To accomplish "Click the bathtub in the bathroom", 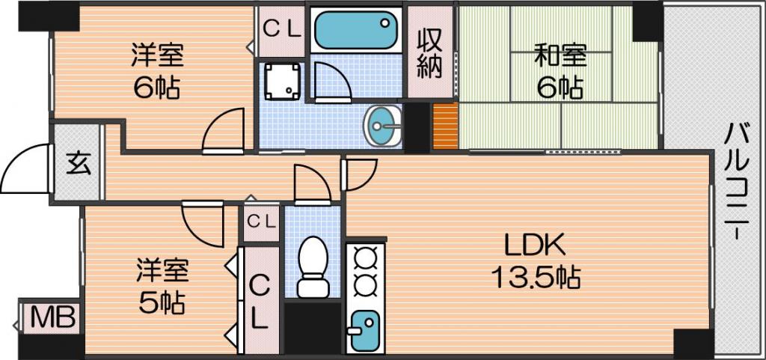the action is [x=355, y=30].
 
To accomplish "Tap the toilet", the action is [x=313, y=266].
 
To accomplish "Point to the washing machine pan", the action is [x=281, y=81].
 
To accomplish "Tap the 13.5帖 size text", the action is [x=535, y=279].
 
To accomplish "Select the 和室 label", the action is [x=560, y=55].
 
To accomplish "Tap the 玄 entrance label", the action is [x=78, y=163].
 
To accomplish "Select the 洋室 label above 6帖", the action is [x=157, y=55].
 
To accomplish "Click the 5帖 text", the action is [x=162, y=305].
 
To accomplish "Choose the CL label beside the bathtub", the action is [x=281, y=30].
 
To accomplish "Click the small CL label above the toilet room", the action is [x=261, y=222].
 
